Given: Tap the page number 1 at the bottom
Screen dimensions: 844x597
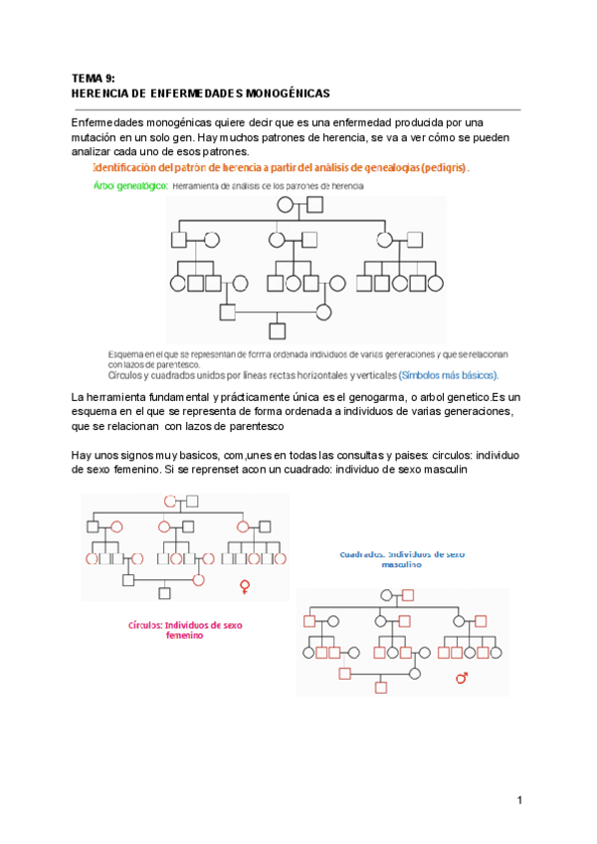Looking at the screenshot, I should tap(519, 801).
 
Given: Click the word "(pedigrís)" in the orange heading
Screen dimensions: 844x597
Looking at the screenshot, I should tap(443, 168).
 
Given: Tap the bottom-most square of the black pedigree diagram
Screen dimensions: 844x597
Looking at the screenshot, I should tap(278, 330).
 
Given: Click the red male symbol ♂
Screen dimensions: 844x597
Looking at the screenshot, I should tap(461, 678).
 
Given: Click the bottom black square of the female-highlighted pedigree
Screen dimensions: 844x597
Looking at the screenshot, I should tap(164, 594).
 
